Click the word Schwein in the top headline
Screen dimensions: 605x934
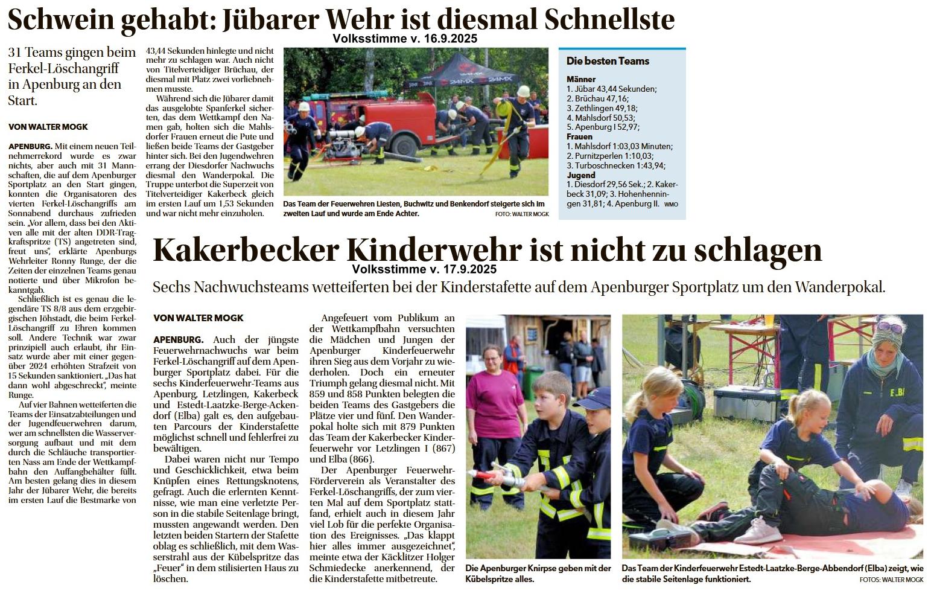pyautogui.click(x=60, y=20)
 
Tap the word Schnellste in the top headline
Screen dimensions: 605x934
pyautogui.click(x=609, y=20)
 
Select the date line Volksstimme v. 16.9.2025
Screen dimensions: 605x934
pyautogui.click(x=404, y=39)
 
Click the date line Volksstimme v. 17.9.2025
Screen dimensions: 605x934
pyautogui.click(x=424, y=269)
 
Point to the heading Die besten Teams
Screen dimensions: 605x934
pyautogui.click(x=608, y=61)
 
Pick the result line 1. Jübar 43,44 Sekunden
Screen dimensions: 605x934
pyautogui.click(x=611, y=89)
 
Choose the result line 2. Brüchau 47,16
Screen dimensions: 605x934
pyautogui.click(x=597, y=98)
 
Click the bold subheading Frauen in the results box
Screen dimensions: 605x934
pyautogui.click(x=579, y=136)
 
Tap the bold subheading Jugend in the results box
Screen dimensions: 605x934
pyautogui.click(x=580, y=175)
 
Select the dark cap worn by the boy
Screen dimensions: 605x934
pyautogui.click(x=594, y=398)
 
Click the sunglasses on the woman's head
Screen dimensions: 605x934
pyautogui.click(x=890, y=328)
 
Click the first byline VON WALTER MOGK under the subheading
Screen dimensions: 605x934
pyautogui.click(x=48, y=127)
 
